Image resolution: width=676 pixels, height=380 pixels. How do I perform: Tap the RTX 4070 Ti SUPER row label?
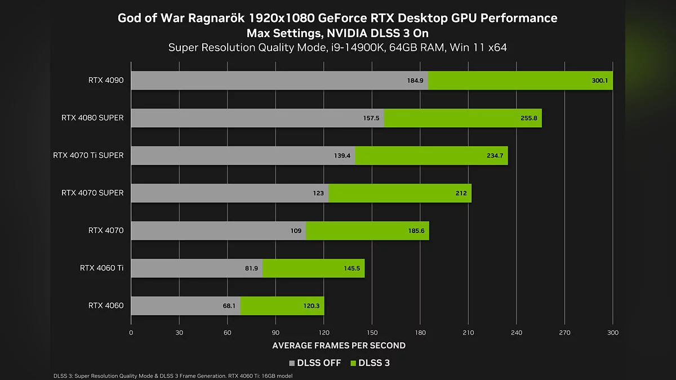click(x=88, y=155)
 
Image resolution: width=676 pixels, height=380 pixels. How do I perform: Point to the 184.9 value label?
click(x=415, y=81)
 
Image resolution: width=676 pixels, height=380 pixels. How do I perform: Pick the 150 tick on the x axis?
click(x=372, y=333)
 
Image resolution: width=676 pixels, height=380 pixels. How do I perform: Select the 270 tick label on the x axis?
click(x=565, y=333)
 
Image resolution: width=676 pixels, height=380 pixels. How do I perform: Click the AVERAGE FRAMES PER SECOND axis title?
click(x=339, y=345)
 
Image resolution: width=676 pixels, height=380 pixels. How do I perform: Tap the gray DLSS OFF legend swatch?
click(x=291, y=363)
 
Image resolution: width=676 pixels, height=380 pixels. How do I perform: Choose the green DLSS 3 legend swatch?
click(x=354, y=363)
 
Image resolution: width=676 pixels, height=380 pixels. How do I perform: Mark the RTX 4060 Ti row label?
click(x=101, y=268)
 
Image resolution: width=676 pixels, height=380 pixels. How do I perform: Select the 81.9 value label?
click(x=252, y=269)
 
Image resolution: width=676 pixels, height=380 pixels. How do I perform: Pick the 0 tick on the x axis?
click(x=131, y=333)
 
